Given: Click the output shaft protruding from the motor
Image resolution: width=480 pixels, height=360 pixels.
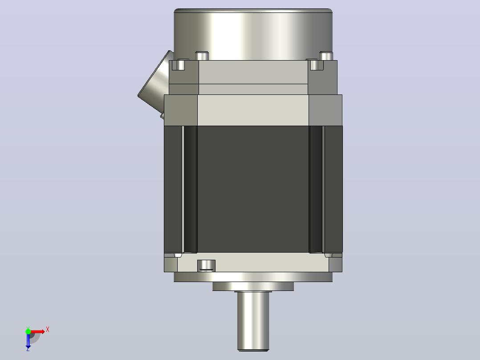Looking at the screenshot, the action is click(253, 321).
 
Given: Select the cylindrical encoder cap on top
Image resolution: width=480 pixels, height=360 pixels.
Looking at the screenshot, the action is click(253, 34).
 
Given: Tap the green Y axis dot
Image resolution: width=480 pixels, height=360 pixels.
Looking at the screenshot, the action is click(28, 331).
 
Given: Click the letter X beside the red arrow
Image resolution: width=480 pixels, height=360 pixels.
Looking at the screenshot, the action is click(48, 330).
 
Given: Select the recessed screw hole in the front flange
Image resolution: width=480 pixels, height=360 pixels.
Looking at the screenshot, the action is click(206, 266).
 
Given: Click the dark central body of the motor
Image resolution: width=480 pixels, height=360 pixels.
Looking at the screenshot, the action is click(253, 189).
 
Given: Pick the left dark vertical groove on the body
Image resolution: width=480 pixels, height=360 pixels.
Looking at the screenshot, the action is click(190, 189).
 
